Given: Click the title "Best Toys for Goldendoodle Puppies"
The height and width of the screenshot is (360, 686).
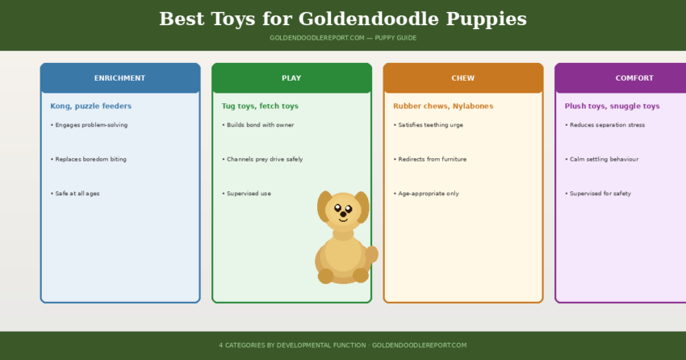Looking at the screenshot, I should coord(342,19).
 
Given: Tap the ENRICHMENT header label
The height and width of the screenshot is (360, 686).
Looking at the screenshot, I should coord(119,78).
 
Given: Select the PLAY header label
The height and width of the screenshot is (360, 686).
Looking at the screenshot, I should coord(291,78).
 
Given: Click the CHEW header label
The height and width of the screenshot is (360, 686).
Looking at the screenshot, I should coord(462,78).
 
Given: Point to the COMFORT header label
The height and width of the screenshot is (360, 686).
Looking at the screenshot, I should coord(634,78).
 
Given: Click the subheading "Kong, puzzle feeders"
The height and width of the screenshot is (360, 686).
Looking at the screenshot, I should coord(90,106).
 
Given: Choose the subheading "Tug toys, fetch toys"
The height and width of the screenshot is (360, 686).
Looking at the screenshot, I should coord(260,106).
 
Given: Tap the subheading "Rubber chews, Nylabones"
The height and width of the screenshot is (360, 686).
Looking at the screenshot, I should coord(443,106).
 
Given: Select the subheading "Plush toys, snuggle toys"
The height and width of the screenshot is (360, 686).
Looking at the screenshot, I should coord(612,106).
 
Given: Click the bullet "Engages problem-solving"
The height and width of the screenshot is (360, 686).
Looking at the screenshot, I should coord(89,125).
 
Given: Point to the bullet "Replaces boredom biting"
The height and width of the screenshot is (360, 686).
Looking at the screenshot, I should coord(88,159).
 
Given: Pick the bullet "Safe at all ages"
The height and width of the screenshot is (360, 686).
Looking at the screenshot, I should coord(75,194).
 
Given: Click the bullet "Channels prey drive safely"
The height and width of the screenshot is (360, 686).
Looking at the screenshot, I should coord(262,159).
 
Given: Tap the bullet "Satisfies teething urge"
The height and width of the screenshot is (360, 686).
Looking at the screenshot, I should coord(431,125).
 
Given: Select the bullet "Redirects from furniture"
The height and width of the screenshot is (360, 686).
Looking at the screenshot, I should coord(432,159).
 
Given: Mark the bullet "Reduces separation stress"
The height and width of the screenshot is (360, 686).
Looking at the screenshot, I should coord(607,125).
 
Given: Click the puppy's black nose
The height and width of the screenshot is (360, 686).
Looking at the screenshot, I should coord(343,214).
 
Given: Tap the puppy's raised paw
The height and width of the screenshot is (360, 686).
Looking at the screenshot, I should coord(371,254).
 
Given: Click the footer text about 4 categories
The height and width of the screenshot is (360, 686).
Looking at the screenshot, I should coord(342,345).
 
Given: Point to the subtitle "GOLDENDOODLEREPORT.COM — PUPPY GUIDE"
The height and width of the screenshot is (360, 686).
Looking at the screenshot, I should coord(342,38).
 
